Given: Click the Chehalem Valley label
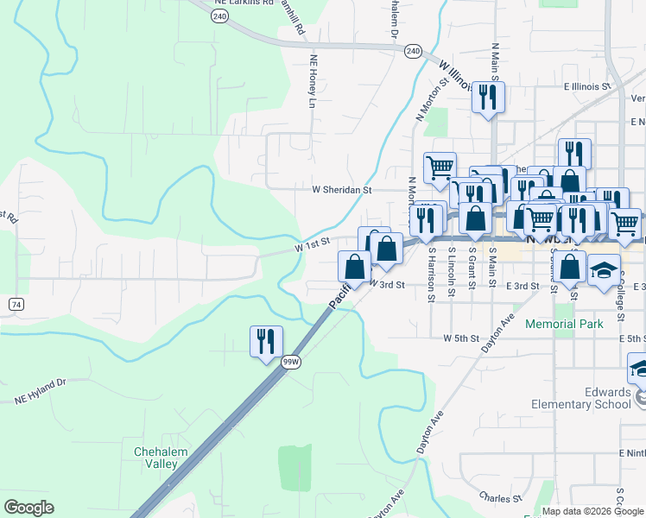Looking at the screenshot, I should [155, 458].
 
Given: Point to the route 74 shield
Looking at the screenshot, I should [16, 305].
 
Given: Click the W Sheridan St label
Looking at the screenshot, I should [341, 190].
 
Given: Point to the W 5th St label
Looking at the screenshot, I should [460, 338].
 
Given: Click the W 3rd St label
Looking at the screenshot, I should [387, 284].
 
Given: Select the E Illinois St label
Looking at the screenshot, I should [587, 86].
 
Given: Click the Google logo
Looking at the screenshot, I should [28, 508].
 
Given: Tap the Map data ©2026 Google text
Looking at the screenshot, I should [593, 511].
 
